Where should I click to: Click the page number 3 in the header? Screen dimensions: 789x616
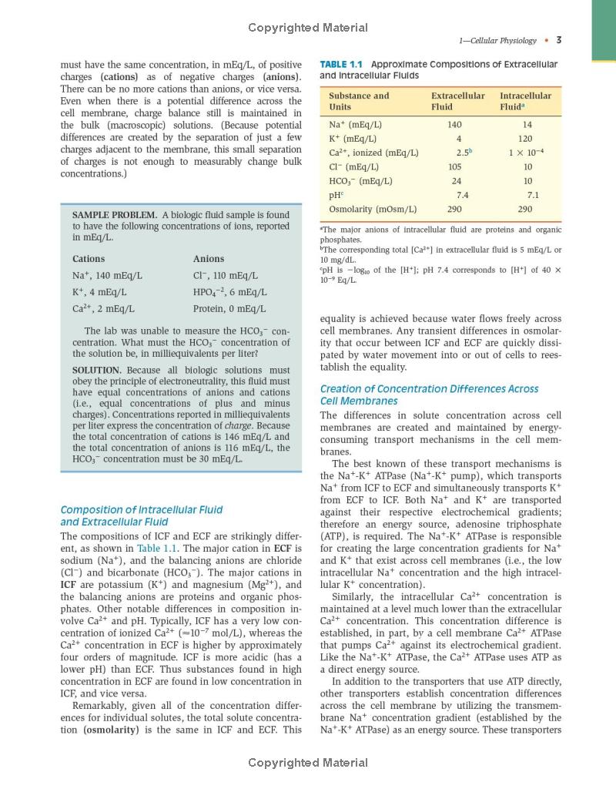tap(558, 41)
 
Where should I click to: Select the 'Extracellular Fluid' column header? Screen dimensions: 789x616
tap(458, 101)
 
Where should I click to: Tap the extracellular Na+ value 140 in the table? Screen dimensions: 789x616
tap(454, 124)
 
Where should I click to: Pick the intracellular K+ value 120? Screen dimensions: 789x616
tap(527, 138)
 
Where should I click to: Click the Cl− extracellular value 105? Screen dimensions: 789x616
tap(454, 166)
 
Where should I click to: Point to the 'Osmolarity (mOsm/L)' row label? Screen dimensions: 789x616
tap(373, 209)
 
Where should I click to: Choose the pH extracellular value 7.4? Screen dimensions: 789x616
tap(462, 195)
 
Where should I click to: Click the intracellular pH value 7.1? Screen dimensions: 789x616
tap(533, 195)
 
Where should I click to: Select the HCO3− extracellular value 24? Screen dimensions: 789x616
tap(457, 181)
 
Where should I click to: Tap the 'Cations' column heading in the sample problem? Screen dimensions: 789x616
tap(89, 259)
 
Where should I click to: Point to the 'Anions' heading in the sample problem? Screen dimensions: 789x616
tap(209, 259)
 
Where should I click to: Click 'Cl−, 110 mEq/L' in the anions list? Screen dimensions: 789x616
tap(226, 275)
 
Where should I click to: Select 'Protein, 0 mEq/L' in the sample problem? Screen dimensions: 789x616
tap(229, 309)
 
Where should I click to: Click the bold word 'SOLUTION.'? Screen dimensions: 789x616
tap(97, 370)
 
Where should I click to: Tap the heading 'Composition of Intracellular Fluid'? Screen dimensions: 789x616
tap(142, 509)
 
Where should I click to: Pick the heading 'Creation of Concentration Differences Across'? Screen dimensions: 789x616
tap(429, 389)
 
